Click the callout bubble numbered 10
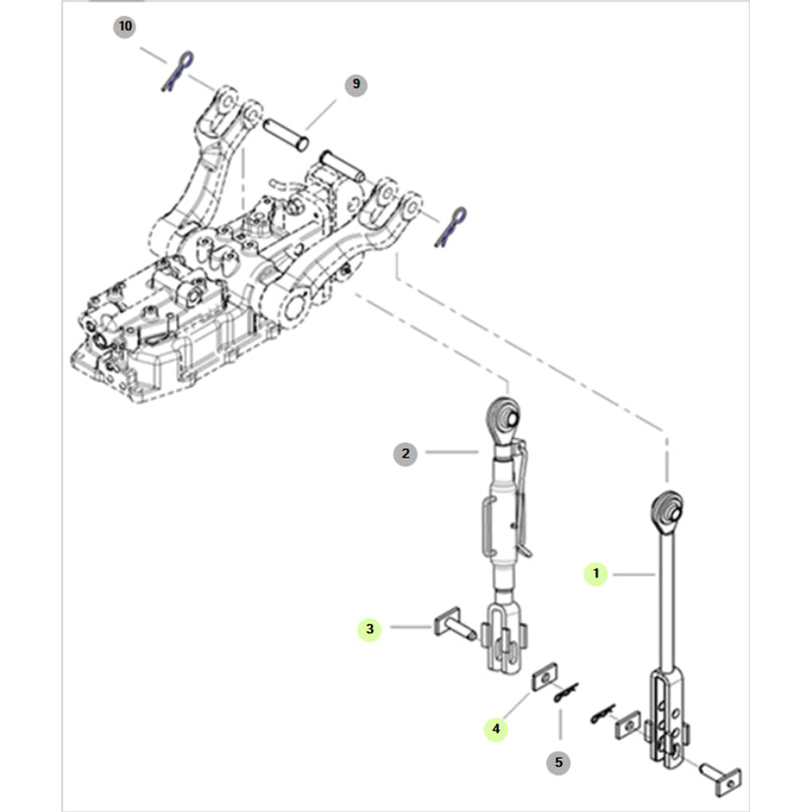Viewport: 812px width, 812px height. coord(125,27)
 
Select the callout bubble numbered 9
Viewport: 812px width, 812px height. coord(355,85)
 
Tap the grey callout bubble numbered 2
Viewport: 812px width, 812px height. coord(405,454)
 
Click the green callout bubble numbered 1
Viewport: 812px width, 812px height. coord(595,574)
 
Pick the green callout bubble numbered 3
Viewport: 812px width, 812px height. coord(369,629)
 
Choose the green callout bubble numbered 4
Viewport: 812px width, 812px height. coord(496,729)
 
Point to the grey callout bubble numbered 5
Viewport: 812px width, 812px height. coord(558,763)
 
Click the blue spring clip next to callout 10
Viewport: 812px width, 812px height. coord(177,72)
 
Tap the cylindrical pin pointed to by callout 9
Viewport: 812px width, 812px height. coord(285,134)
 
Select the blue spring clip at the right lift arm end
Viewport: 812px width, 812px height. coord(451,226)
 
